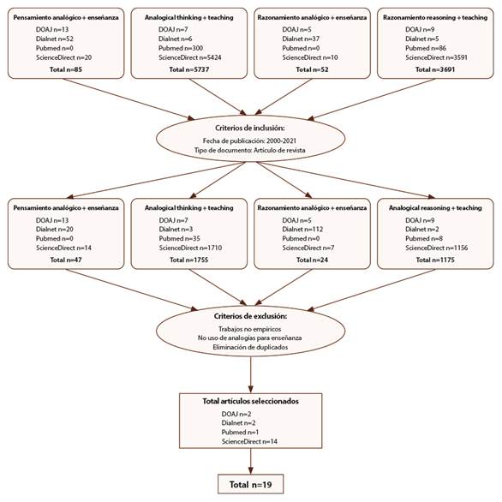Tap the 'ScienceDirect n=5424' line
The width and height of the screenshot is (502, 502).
click(191, 57)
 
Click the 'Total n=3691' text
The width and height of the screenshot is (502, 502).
click(435, 69)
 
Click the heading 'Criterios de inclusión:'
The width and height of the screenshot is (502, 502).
click(249, 127)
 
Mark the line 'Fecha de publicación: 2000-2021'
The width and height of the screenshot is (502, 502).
click(249, 140)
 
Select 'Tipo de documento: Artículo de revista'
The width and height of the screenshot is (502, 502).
click(249, 149)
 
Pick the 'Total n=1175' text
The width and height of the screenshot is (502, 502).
click(435, 259)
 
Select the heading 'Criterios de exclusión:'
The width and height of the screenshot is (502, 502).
click(249, 316)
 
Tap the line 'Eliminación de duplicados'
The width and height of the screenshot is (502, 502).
click(249, 347)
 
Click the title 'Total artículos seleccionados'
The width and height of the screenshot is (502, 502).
click(249, 400)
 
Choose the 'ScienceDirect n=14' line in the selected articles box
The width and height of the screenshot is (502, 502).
click(246, 441)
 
